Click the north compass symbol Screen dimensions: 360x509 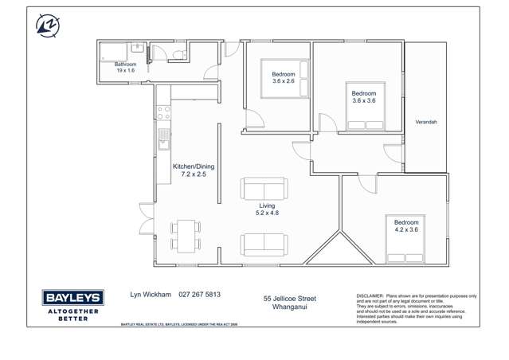47,25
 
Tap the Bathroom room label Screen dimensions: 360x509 125,65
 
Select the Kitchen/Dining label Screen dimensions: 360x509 193,166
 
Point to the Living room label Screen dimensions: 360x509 266,206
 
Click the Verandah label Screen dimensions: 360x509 426,122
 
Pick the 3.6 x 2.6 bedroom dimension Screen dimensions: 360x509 283,81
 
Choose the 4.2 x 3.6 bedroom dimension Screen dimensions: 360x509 405,229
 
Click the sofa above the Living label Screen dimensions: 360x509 264,189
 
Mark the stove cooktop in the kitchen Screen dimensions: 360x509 163,112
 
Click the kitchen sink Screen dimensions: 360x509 163,139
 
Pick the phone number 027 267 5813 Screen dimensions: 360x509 200,294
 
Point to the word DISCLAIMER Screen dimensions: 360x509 370,295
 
